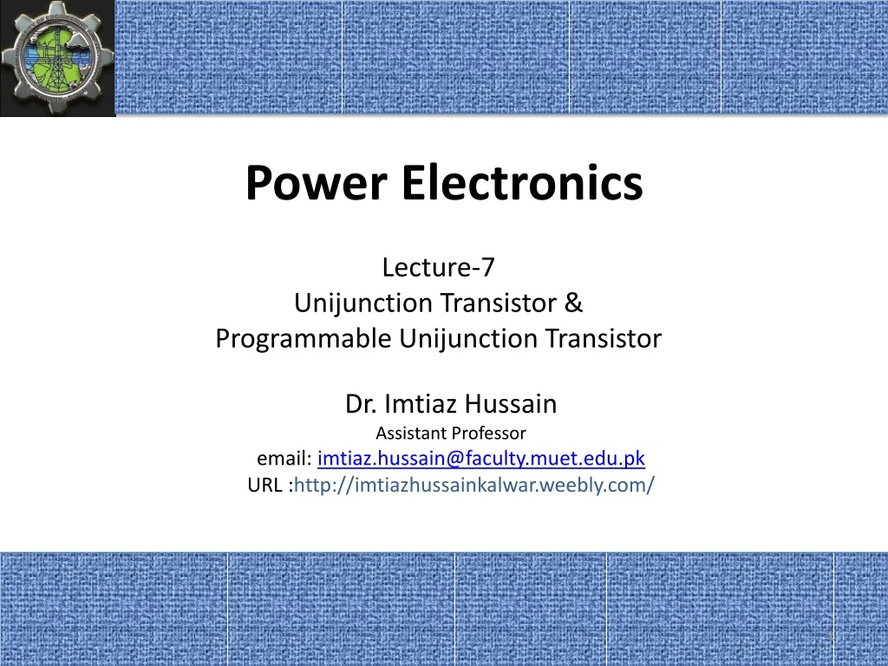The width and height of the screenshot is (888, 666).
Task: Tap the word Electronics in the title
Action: click(521, 184)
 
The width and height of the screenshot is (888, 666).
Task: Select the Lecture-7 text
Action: click(438, 268)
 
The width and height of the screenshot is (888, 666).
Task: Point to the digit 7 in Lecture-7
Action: click(488, 268)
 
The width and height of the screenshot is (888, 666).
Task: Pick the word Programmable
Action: click(304, 338)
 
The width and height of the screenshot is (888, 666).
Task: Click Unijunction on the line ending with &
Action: click(363, 304)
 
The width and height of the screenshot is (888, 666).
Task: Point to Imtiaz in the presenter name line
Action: click(421, 404)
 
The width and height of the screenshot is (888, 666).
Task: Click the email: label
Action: click(284, 459)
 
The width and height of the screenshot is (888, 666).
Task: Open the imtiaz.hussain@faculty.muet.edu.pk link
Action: click(481, 459)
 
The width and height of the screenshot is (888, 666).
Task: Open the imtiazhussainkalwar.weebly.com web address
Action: click(475, 485)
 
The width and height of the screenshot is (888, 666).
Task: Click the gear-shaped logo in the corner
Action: click(57, 57)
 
